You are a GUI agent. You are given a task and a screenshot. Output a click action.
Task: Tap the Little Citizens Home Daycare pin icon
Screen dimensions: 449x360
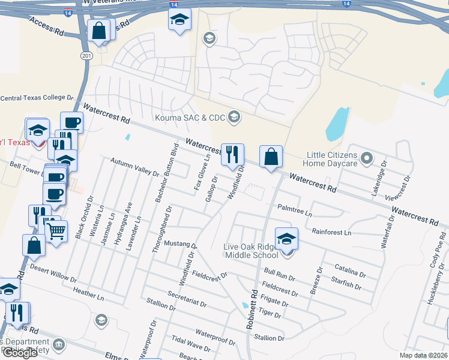368,159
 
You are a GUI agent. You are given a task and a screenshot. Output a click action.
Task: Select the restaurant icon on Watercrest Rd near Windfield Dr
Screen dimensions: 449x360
232,155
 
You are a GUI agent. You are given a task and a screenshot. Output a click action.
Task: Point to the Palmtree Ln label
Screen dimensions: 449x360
295,210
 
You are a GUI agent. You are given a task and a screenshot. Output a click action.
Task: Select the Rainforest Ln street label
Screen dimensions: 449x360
331,232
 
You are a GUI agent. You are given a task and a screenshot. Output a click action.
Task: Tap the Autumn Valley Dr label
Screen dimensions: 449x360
135,166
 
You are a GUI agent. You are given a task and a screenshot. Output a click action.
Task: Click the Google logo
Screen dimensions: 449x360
20,353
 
